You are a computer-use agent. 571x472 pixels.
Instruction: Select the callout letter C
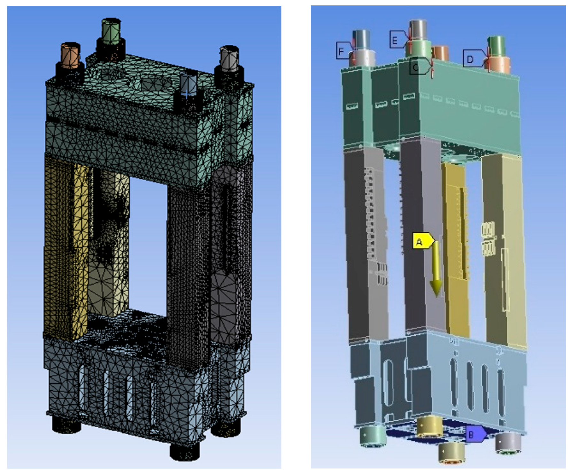pos(416,67)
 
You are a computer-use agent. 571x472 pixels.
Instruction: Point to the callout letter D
pos(470,59)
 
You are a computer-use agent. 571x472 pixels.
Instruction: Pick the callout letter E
pos(395,41)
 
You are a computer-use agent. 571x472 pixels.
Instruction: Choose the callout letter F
pos(341,51)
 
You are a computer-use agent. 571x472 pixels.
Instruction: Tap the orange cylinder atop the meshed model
pos(71,56)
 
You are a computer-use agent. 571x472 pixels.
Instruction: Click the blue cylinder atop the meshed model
pos(189,85)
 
